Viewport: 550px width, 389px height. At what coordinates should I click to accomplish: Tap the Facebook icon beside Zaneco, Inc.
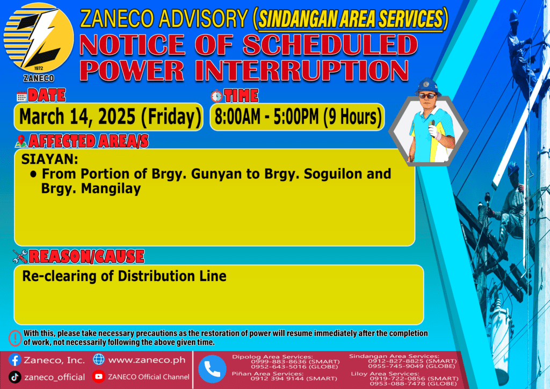[15, 360]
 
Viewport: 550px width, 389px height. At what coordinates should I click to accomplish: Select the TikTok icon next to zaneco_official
[15, 377]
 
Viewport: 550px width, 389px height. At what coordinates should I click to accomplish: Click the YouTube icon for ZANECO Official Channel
[99, 377]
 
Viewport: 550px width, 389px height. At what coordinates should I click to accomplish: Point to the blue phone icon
[212, 369]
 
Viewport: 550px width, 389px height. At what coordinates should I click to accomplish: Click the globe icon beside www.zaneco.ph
[99, 359]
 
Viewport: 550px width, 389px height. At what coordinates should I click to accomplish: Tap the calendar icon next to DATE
[21, 97]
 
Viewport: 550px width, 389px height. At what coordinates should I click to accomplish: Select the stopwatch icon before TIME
[216, 96]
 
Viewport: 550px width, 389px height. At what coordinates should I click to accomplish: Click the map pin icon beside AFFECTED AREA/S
[21, 141]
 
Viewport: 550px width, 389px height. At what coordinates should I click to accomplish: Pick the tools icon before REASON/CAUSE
[20, 256]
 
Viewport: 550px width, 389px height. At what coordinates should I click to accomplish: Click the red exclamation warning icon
[15, 338]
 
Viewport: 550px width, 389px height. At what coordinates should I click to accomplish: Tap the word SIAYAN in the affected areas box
[49, 160]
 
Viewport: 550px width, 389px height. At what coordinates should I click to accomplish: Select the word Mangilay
[111, 189]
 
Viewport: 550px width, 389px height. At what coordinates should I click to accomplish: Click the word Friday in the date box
[171, 117]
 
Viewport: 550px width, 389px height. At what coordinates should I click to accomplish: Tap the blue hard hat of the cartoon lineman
[427, 87]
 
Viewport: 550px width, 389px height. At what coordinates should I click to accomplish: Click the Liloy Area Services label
[385, 374]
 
